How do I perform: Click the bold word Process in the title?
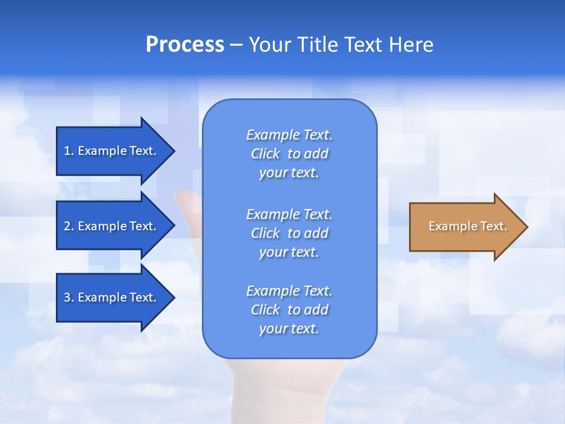tap(185, 45)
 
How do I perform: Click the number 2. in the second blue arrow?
tap(69, 226)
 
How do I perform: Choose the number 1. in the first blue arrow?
tap(69, 151)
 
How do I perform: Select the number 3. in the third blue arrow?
tap(69, 297)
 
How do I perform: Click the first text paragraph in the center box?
tap(289, 154)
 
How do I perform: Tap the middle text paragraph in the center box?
tap(289, 233)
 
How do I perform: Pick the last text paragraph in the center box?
tap(289, 310)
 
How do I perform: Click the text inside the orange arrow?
tap(467, 226)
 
